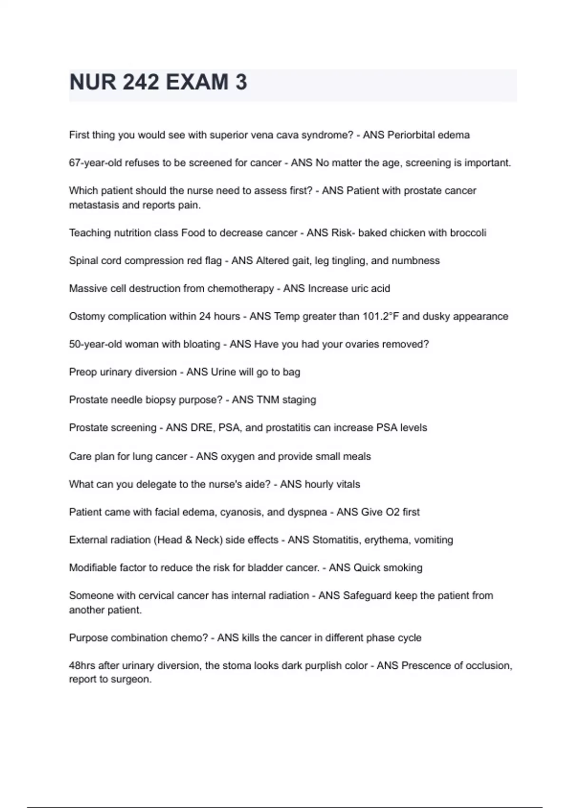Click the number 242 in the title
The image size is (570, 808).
coord(141,82)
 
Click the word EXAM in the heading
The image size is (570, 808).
coord(197,82)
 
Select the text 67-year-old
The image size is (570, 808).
coord(95,163)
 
